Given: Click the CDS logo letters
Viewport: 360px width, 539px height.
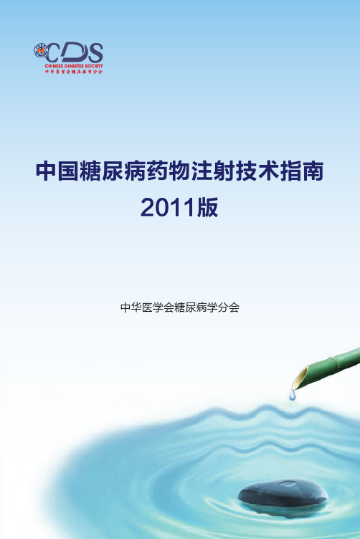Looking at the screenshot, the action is [x=74, y=52].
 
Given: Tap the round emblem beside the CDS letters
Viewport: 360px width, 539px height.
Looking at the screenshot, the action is [x=41, y=50].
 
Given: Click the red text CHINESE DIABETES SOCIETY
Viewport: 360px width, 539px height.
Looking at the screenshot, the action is [x=74, y=66].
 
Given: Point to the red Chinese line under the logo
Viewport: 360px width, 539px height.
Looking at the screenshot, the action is [x=74, y=72].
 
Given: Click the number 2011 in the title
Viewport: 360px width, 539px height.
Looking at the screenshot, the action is [x=168, y=208].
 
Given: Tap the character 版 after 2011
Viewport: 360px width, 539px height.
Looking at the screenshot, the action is [x=208, y=207].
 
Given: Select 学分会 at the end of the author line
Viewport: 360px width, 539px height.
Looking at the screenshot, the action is [x=223, y=307].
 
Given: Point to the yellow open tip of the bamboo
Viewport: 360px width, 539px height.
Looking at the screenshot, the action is [x=298, y=379].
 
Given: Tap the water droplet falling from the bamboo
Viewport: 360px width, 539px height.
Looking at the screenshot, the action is [x=293, y=396].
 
